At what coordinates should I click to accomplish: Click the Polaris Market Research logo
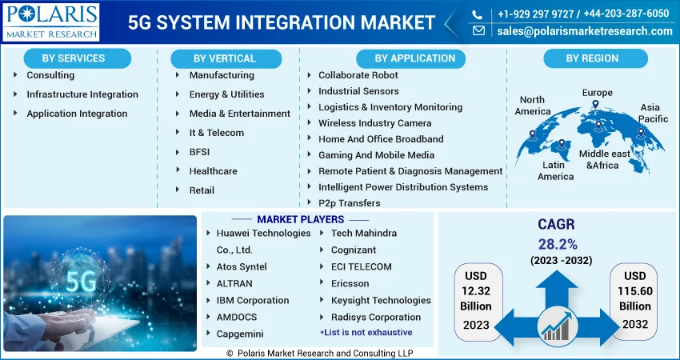51,22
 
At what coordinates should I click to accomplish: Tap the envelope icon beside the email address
478,30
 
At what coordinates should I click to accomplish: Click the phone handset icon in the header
477,14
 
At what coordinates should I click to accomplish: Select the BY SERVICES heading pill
77,58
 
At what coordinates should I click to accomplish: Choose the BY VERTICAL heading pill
226,58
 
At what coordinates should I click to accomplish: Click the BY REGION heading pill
595,58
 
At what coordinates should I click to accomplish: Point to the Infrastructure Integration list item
82,94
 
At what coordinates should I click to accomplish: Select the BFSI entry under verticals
199,152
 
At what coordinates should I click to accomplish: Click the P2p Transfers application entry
350,203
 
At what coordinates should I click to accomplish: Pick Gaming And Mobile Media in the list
377,155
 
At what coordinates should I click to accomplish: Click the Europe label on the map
597,92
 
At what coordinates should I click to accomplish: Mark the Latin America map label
555,171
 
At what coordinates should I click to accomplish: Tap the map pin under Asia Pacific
640,133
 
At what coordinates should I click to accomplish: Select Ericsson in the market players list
350,284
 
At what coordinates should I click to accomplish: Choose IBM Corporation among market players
253,300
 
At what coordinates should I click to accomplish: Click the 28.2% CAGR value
558,244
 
